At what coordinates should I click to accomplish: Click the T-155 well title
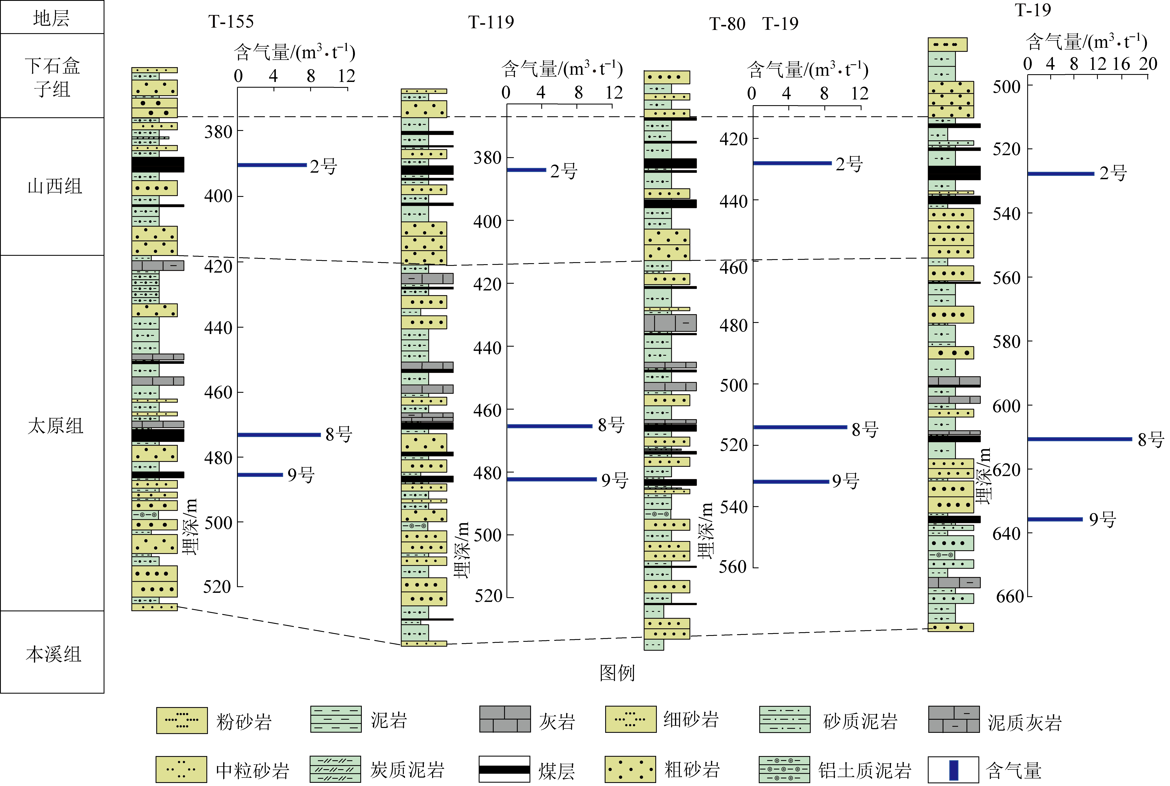[x=231, y=22]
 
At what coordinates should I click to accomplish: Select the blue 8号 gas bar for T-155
[x=279, y=435]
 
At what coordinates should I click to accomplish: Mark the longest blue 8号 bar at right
[x=1080, y=439]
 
